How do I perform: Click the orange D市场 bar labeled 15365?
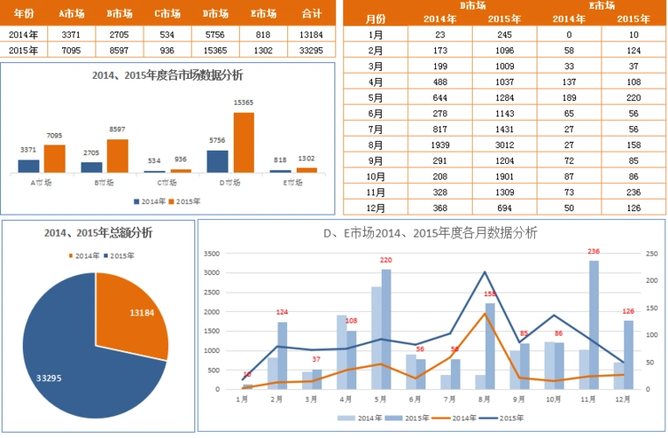243,142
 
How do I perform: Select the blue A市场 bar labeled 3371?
29,166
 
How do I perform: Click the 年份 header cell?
24,13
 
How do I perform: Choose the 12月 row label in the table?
376,208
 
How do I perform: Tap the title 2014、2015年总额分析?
98,232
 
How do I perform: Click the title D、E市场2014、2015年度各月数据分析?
430,233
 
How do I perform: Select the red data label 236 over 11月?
594,251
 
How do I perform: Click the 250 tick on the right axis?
650,253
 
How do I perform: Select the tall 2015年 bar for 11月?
594,324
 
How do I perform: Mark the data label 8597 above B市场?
117,130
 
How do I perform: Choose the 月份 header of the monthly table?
376,18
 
